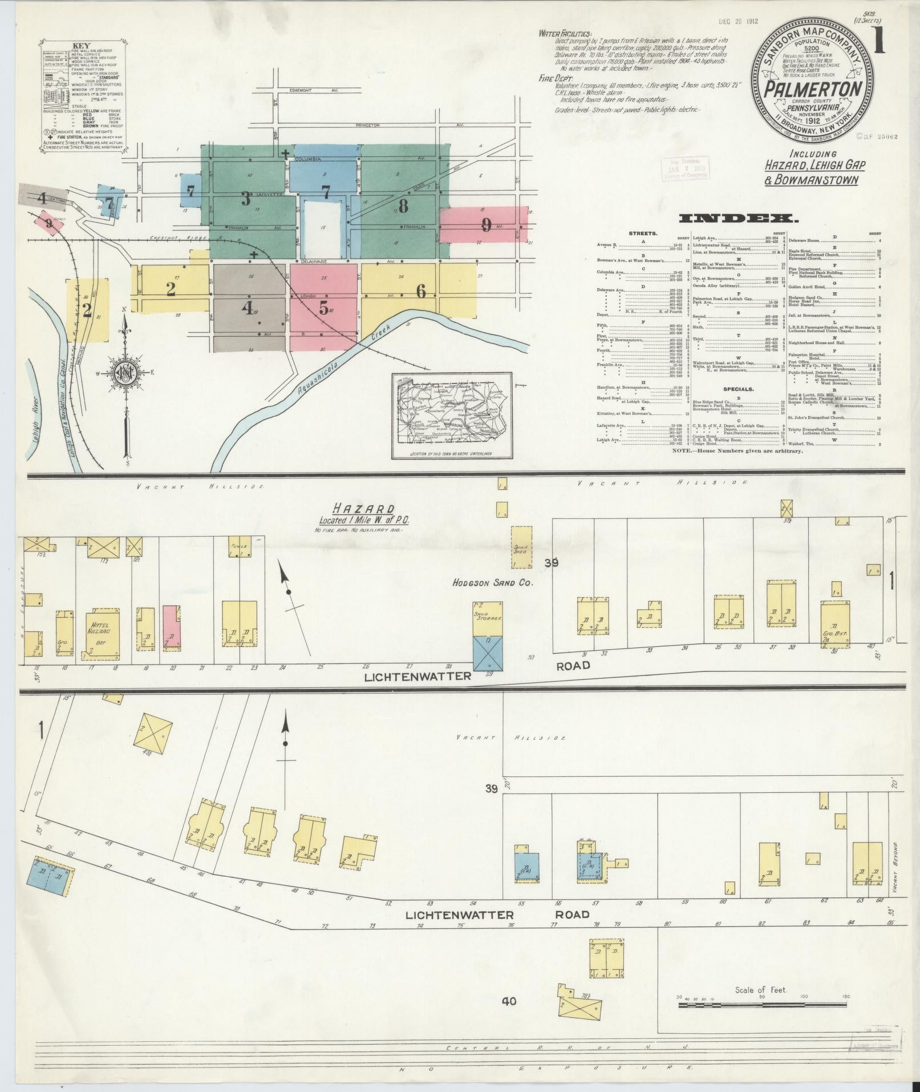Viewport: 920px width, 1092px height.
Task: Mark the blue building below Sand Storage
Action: pyautogui.click(x=488, y=653)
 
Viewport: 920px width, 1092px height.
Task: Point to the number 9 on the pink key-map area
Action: pyautogui.click(x=486, y=225)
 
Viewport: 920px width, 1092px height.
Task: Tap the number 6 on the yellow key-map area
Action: pyautogui.click(x=421, y=292)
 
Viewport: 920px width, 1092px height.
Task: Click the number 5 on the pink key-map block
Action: pyautogui.click(x=323, y=309)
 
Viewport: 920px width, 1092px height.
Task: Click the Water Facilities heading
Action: pyautogui.click(x=565, y=34)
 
